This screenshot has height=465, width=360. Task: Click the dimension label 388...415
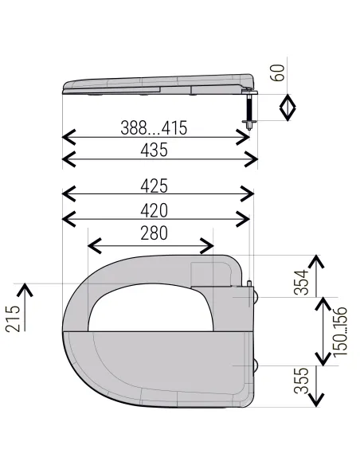click(154, 128)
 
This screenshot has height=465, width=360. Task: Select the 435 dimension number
click(154, 150)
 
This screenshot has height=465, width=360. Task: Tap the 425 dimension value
click(154, 186)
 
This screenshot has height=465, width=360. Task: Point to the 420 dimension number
click(154, 210)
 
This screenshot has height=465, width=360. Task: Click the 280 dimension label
click(154, 233)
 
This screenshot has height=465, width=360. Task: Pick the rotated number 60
click(277, 72)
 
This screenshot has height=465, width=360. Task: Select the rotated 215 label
click(13, 318)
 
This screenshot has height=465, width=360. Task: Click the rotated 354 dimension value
click(301, 282)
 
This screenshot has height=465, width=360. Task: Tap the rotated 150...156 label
click(340, 332)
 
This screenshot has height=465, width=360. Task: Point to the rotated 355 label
click(301, 381)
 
